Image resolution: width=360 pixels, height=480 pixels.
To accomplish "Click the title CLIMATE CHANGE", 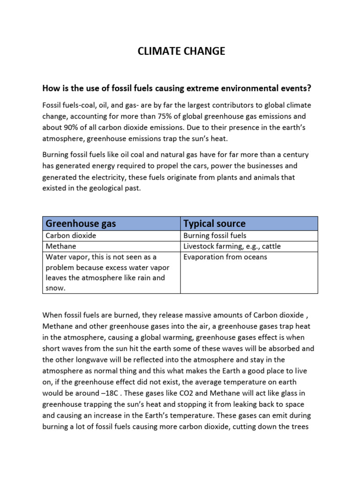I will [x=181, y=52].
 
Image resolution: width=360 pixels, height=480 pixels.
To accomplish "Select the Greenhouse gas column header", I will [x=80, y=223].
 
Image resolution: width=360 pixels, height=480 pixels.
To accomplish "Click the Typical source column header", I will [x=214, y=223].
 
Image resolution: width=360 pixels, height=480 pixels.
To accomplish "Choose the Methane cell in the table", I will [x=61, y=246].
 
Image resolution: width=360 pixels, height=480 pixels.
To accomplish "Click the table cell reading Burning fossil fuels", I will [x=215, y=236].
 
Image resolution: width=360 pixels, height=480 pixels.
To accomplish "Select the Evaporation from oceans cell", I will [x=225, y=257].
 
